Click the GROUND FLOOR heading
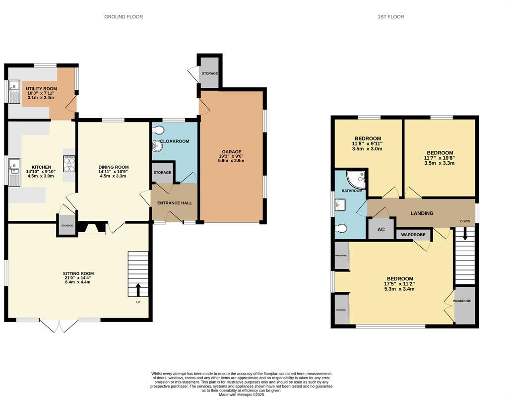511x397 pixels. (x=124, y=17)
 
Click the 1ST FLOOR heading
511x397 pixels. (x=390, y=17)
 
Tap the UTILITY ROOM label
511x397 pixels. (x=42, y=89)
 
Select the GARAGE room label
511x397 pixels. (x=232, y=152)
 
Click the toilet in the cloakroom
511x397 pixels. (x=158, y=131)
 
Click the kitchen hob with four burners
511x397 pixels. (x=68, y=163)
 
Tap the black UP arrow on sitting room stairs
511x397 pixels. (x=138, y=289)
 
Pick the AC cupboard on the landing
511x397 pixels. (x=381, y=229)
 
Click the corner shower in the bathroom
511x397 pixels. (x=357, y=179)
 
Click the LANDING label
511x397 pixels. (x=422, y=213)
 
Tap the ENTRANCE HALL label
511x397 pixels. (x=174, y=203)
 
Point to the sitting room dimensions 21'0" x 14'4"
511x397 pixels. (x=78, y=278)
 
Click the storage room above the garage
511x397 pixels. (x=209, y=73)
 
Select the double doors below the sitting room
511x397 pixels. (x=59, y=326)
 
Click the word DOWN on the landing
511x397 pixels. (x=465, y=221)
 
